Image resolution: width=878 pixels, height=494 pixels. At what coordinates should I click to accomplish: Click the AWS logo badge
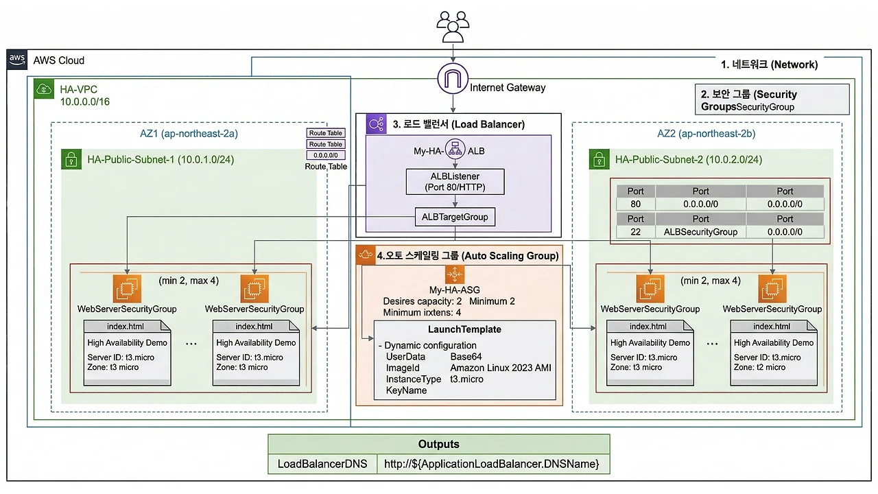click(x=18, y=60)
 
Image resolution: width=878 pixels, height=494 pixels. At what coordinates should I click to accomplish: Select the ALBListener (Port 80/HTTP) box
click(x=455, y=182)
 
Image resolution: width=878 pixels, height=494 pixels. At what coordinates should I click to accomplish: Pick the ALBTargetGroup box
click(x=455, y=217)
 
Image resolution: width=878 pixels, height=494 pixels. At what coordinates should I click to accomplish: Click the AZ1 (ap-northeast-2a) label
click(x=189, y=134)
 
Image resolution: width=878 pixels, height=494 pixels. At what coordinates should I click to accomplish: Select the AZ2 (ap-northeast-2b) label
click(x=707, y=134)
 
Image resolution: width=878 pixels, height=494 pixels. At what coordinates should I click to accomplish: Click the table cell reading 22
click(x=636, y=232)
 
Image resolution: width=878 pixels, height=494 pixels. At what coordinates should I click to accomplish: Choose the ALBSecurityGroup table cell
click(x=700, y=232)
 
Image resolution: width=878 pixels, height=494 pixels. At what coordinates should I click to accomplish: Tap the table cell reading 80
click(x=636, y=204)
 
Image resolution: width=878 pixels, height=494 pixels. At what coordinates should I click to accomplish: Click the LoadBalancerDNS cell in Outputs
click(x=322, y=464)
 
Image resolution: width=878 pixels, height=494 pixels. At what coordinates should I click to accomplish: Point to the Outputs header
click(x=438, y=444)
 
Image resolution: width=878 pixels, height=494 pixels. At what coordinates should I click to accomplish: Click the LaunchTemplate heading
click(x=464, y=329)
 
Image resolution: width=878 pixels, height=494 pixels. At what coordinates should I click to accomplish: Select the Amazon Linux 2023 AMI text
click(x=501, y=368)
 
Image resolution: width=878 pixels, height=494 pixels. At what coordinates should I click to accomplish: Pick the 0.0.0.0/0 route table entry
click(x=326, y=156)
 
